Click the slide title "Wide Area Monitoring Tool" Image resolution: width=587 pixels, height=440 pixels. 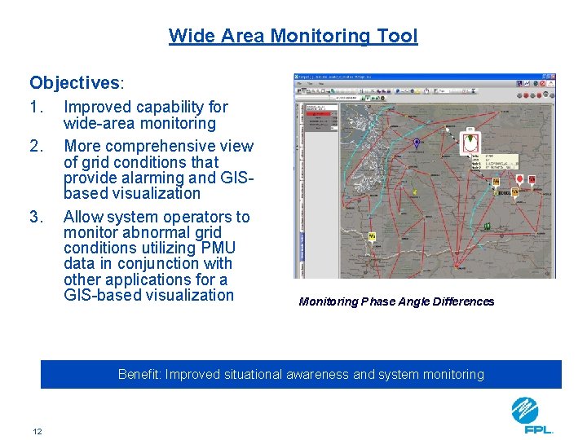coord(293,36)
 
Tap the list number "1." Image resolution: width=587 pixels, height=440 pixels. coord(36,107)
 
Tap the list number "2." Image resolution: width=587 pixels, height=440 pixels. coord(36,147)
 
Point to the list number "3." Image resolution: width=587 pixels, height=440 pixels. coord(36,217)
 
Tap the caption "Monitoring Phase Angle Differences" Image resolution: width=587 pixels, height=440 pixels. coord(396,301)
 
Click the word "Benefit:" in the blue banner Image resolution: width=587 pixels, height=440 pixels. coord(140,375)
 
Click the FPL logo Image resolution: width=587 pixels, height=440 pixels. coord(532,415)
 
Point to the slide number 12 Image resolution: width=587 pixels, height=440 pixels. coord(38,431)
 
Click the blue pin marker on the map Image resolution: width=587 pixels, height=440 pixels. coord(417,143)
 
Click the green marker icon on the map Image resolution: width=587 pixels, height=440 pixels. coord(487,226)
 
